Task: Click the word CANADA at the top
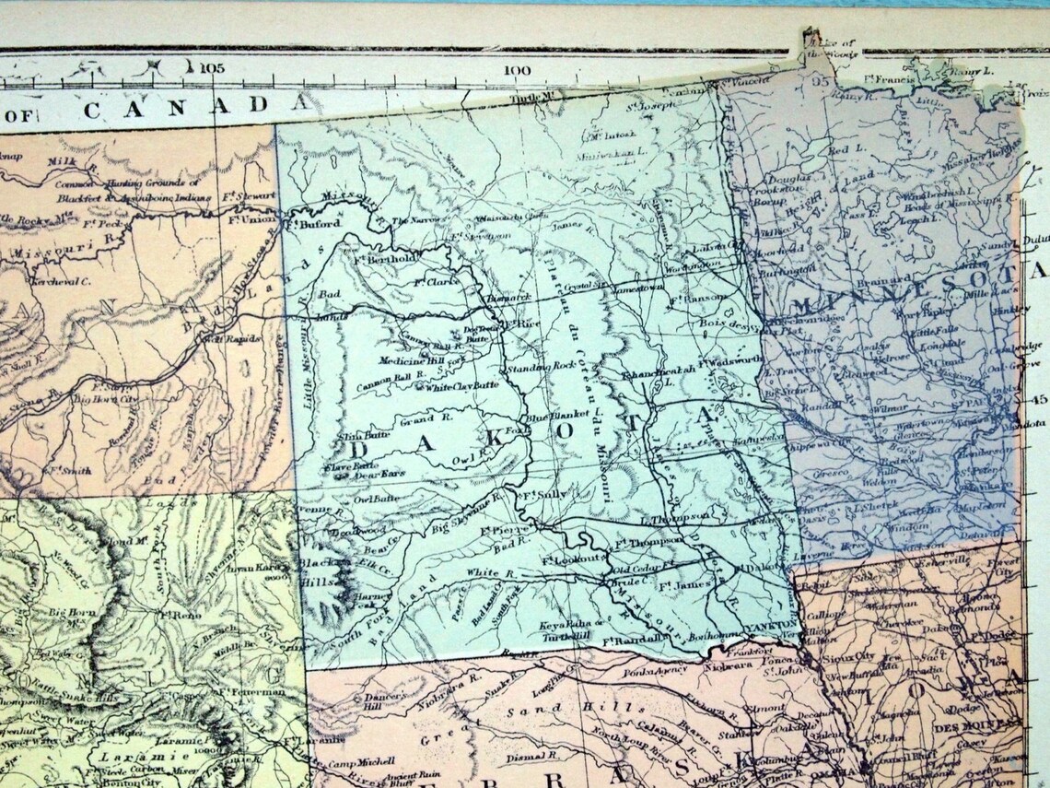(x=191, y=106)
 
